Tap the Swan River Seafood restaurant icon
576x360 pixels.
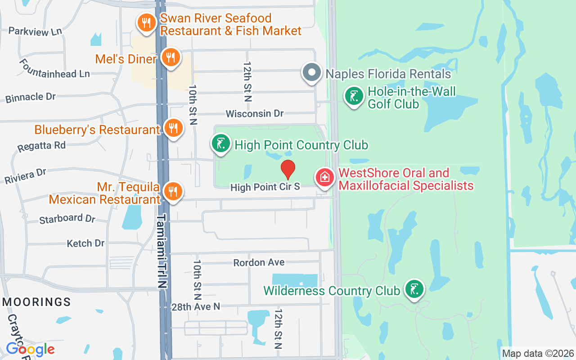[146, 22]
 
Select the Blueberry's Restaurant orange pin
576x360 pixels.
[173, 129]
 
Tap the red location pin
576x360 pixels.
[288, 169]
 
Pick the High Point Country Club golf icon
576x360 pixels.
[220, 144]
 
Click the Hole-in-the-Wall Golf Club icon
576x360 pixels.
[354, 96]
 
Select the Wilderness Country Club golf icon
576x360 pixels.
[414, 289]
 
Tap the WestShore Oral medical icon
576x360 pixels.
[324, 178]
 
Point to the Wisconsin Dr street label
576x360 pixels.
[255, 113]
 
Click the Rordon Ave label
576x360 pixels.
[259, 262]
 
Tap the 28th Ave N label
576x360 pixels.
[196, 306]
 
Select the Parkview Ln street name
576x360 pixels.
[35, 31]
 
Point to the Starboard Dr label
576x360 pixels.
[67, 219]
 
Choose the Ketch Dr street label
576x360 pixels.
[85, 243]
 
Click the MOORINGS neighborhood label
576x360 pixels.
[36, 302]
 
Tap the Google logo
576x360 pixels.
[30, 349]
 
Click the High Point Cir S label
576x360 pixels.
[265, 187]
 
